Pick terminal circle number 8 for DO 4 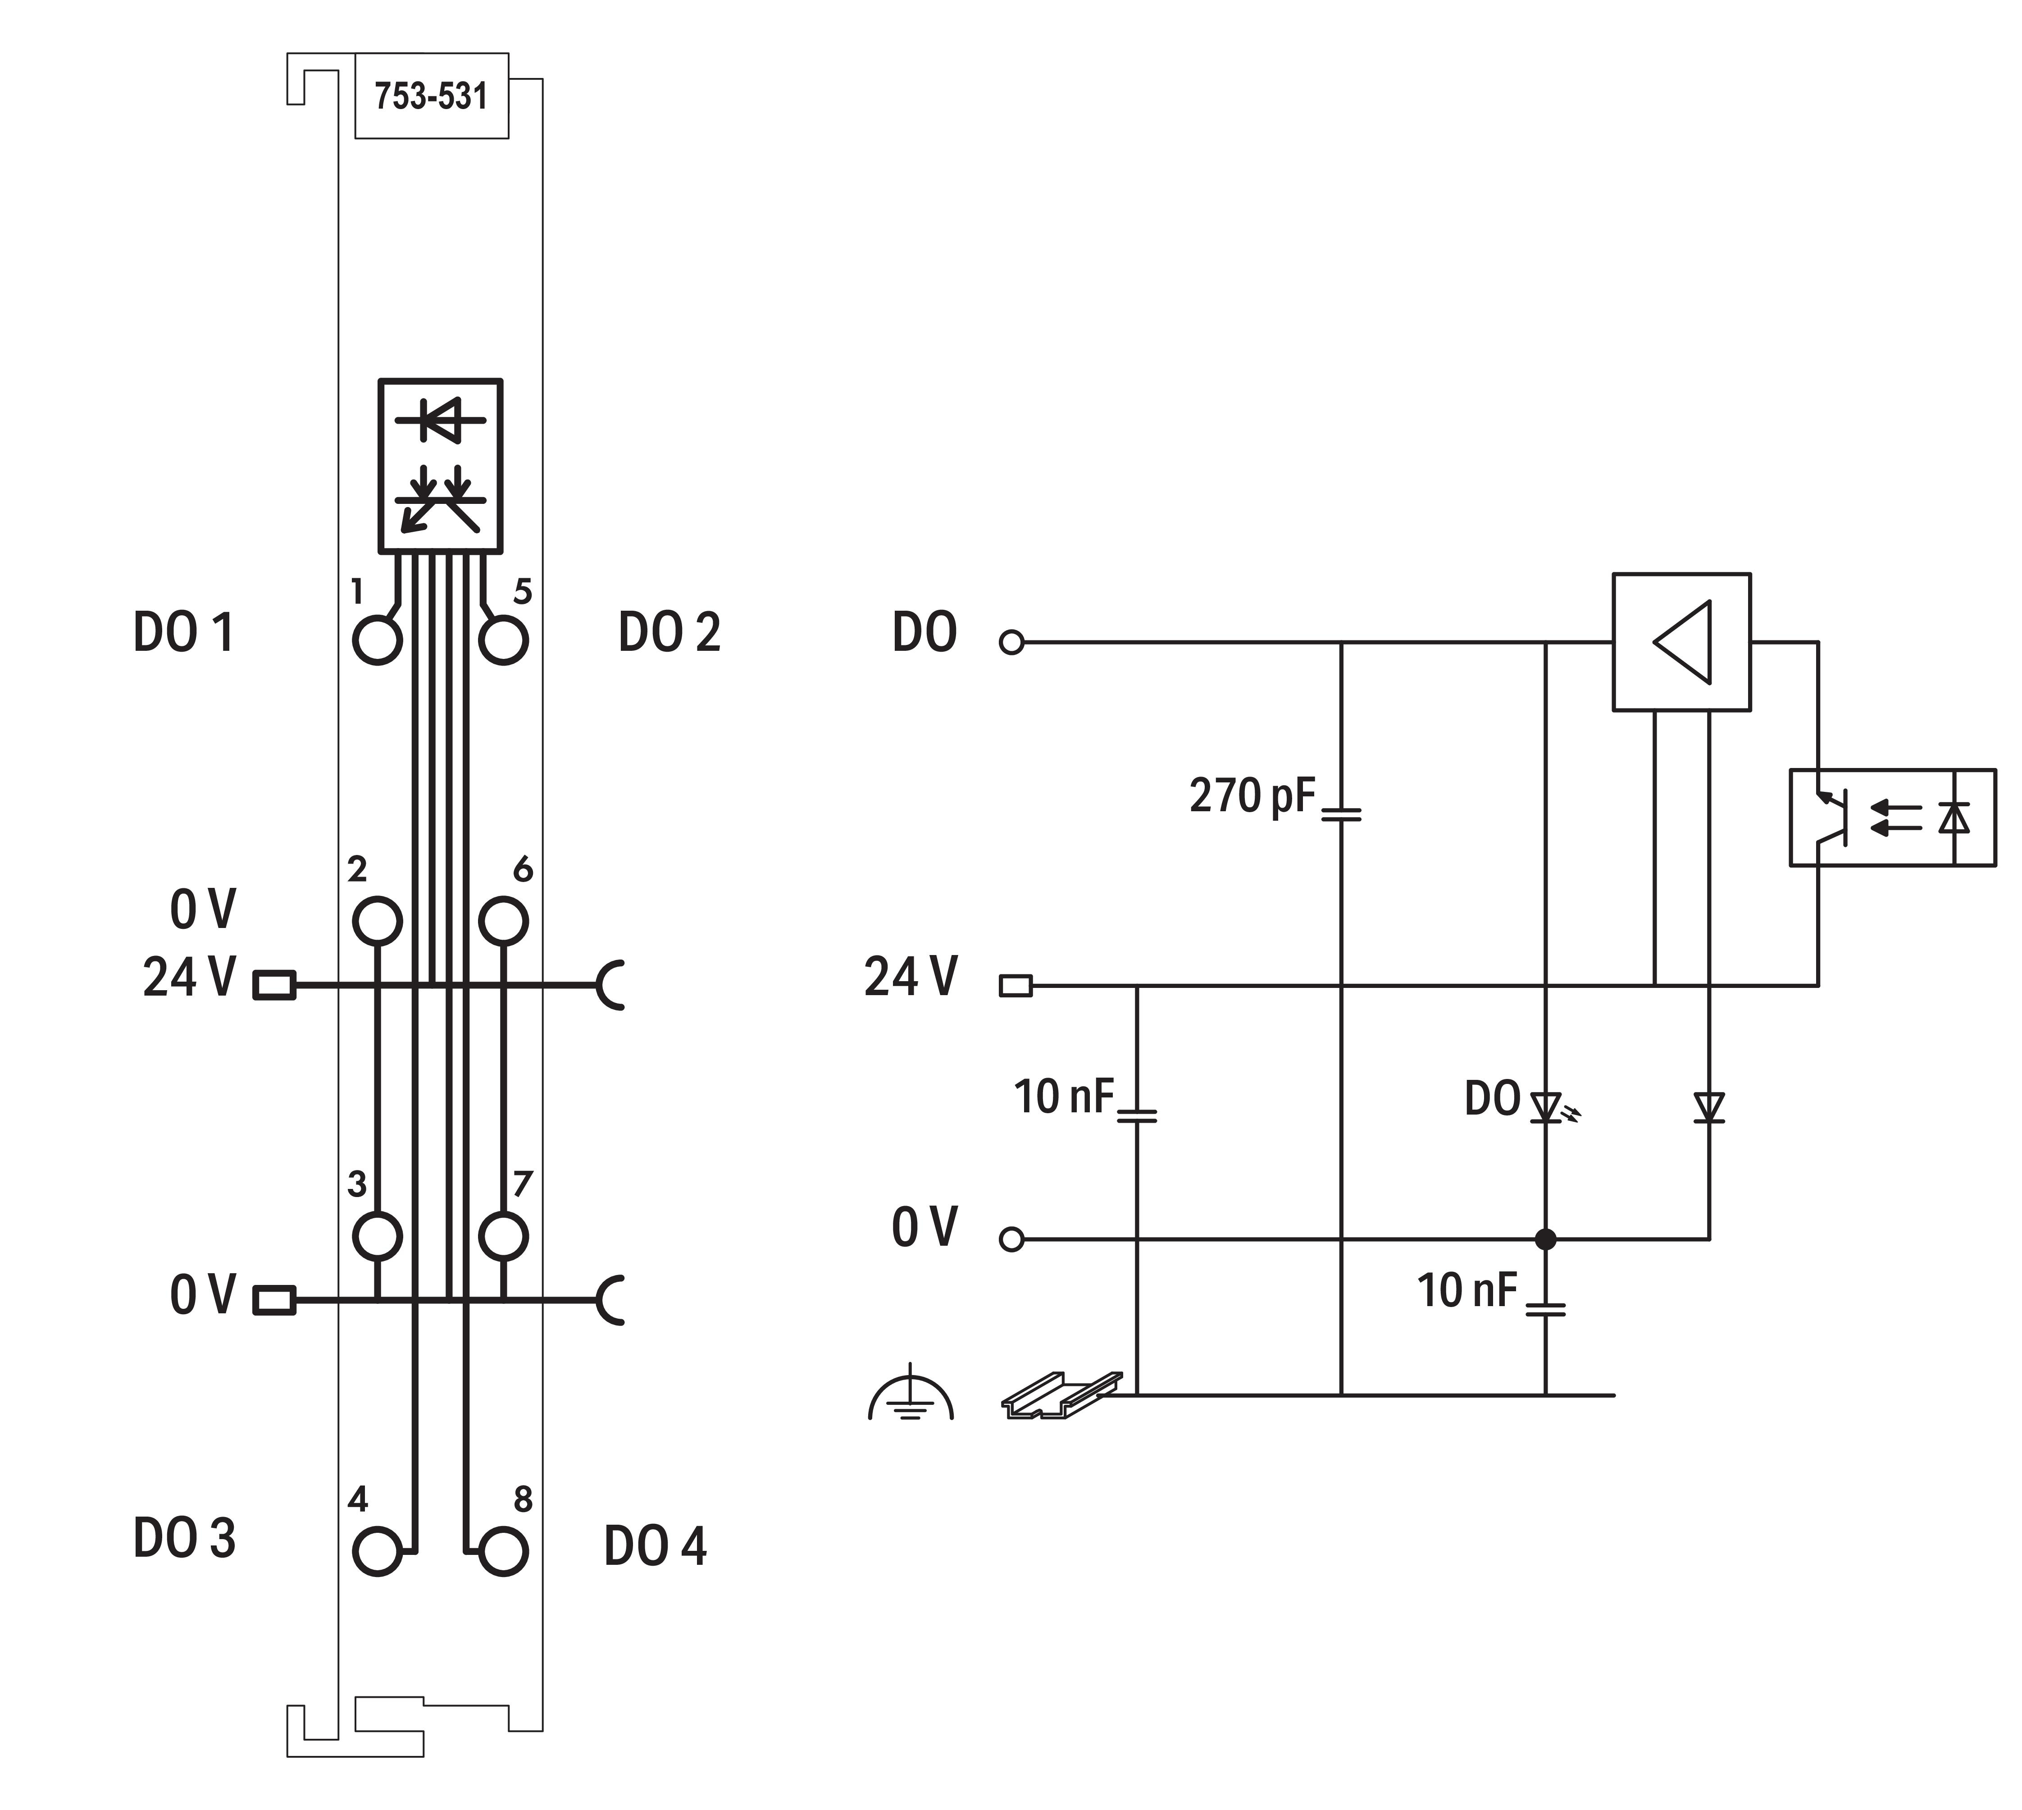click(x=503, y=1550)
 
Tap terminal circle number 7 click(x=503, y=1236)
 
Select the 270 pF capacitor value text click(x=1252, y=795)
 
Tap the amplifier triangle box click(x=1681, y=641)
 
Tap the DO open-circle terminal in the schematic click(x=1011, y=642)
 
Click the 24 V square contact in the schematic click(x=1015, y=986)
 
